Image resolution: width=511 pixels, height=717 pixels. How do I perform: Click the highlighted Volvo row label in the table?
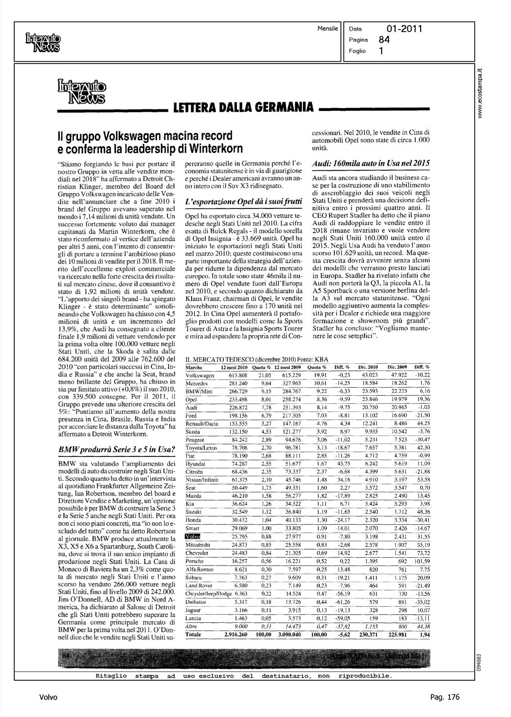tap(192, 537)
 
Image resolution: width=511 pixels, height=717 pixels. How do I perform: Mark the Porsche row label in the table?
tap(194, 562)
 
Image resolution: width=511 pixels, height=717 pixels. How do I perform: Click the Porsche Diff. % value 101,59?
tap(421, 562)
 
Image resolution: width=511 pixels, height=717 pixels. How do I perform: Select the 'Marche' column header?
tap(193, 367)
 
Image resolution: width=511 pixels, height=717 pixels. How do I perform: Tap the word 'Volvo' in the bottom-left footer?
tap(48, 697)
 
